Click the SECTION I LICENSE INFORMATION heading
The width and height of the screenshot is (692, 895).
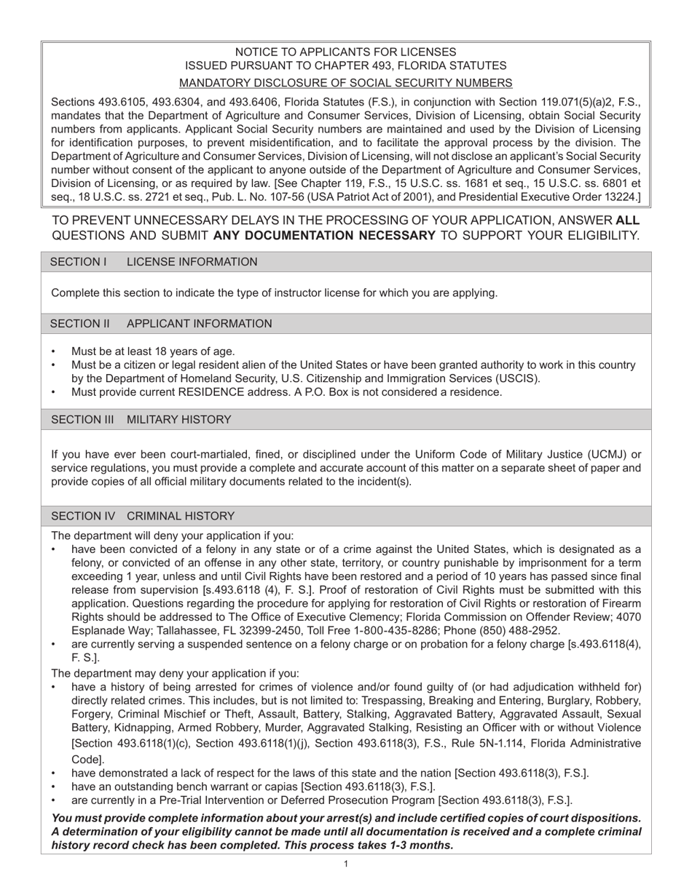pos(154,262)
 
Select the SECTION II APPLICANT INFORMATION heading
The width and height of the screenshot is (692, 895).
pos(161,324)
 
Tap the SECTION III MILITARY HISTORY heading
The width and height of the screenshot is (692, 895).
pos(141,420)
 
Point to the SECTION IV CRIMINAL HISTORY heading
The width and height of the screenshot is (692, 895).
pos(142,516)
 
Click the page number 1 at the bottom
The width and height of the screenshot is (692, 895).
pos(346,864)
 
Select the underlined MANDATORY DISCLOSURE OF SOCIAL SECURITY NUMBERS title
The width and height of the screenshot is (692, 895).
pos(345,83)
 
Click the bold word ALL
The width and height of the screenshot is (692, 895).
pos(628,220)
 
